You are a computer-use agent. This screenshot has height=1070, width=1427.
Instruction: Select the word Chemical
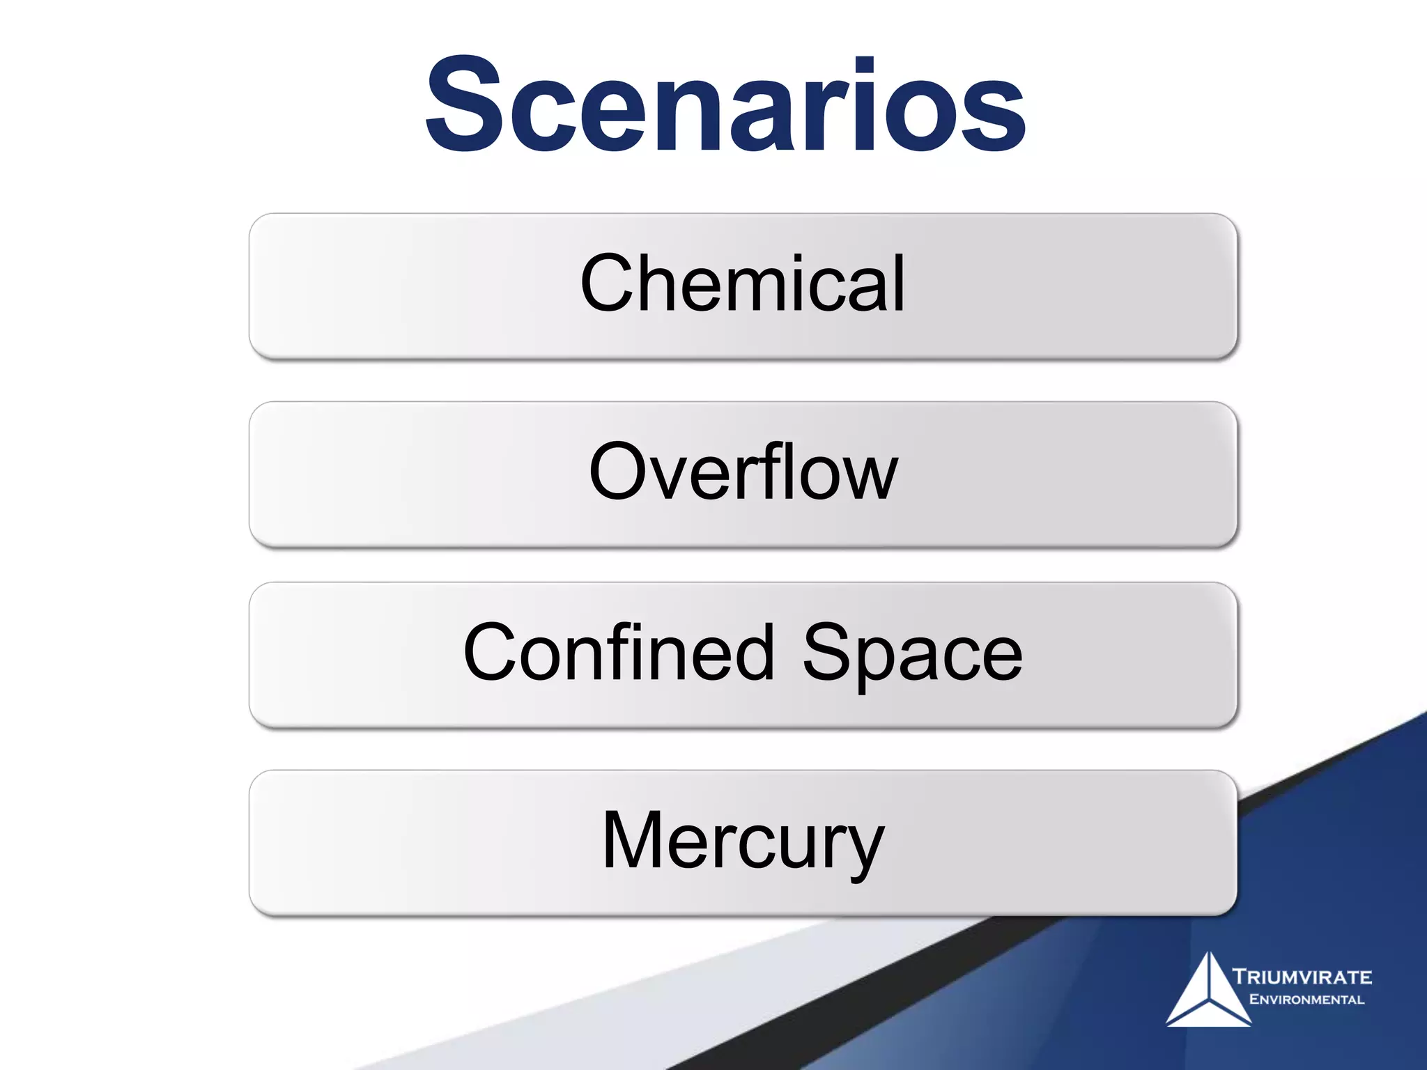pyautogui.click(x=743, y=284)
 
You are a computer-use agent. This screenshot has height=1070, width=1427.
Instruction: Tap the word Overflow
pyautogui.click(x=743, y=472)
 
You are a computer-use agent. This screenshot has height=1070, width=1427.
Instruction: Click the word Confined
pyautogui.click(x=619, y=653)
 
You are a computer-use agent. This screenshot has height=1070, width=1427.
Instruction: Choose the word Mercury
pyautogui.click(x=743, y=841)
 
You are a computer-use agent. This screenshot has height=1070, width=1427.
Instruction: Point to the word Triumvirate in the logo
pyautogui.click(x=1302, y=977)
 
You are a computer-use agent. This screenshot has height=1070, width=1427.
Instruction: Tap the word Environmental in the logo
pyautogui.click(x=1306, y=1000)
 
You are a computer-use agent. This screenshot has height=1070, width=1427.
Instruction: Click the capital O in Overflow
pyautogui.click(x=617, y=472)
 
